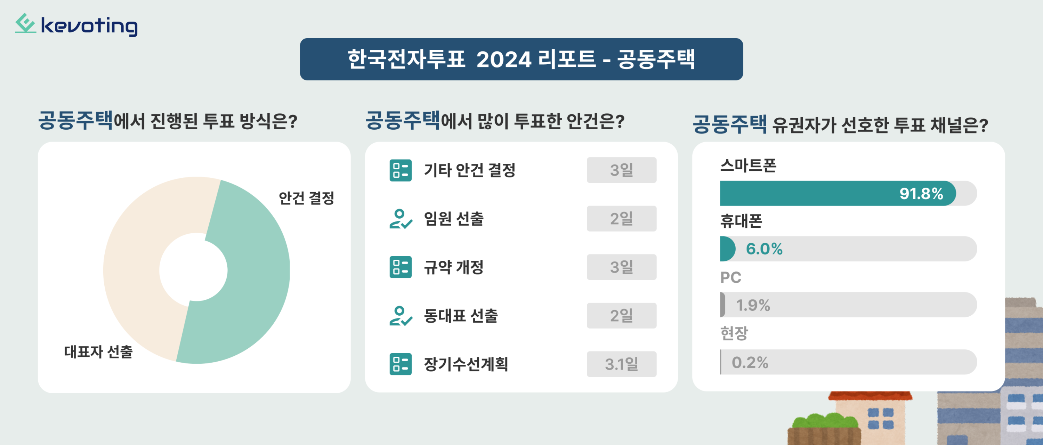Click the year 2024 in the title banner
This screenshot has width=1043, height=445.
pos(504,60)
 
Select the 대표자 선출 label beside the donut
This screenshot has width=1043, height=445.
pos(98,351)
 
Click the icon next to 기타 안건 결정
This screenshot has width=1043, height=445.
pos(401,170)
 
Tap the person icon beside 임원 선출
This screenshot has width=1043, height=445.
pos(401,219)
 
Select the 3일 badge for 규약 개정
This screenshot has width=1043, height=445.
pos(622,267)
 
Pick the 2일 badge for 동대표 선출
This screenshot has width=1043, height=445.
pos(622,315)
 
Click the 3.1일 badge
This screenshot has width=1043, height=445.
pos(622,364)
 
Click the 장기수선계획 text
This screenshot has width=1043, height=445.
pos(466,364)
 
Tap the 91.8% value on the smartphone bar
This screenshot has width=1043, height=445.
pos(921,194)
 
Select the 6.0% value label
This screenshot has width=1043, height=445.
pos(764,249)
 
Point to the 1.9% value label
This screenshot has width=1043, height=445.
pos(753,305)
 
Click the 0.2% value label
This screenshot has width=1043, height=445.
pos(750,362)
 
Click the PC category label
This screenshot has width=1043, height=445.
pos(730,278)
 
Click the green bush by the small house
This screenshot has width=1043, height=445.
pos(824,421)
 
